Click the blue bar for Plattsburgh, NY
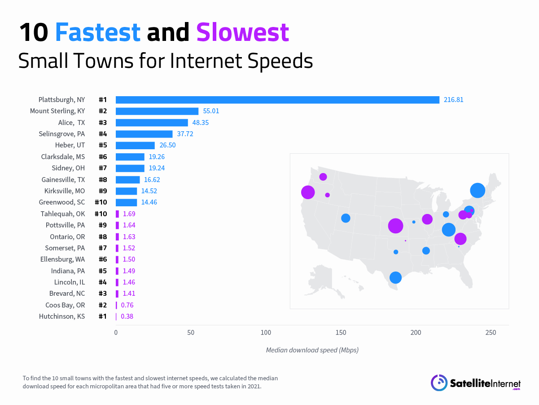point(277,100)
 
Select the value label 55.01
point(211,111)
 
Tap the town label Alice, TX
point(71,123)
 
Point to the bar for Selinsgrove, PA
point(144,134)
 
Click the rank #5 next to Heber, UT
point(103,145)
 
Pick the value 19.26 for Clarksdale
point(158,157)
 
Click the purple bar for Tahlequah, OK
point(117,214)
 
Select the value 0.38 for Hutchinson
point(127,316)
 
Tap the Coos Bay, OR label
point(65,305)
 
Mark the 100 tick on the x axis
point(266,333)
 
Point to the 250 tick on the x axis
point(491,333)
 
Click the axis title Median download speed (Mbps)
point(312,350)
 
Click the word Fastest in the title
point(98,33)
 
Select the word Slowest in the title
point(242,33)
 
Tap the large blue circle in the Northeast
point(478,190)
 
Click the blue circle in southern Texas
point(395,277)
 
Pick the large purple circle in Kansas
point(395,226)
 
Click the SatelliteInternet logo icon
point(439,383)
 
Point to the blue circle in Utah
point(346,218)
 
